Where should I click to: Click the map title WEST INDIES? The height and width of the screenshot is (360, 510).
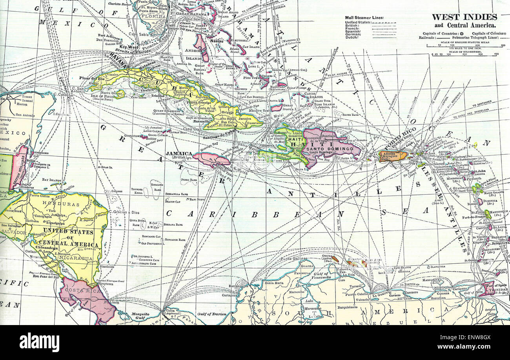(464, 17)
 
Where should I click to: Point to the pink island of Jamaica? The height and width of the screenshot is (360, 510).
(210, 159)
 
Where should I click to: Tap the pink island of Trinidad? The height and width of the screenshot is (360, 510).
(488, 288)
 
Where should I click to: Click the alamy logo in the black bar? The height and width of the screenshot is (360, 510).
(39, 342)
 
